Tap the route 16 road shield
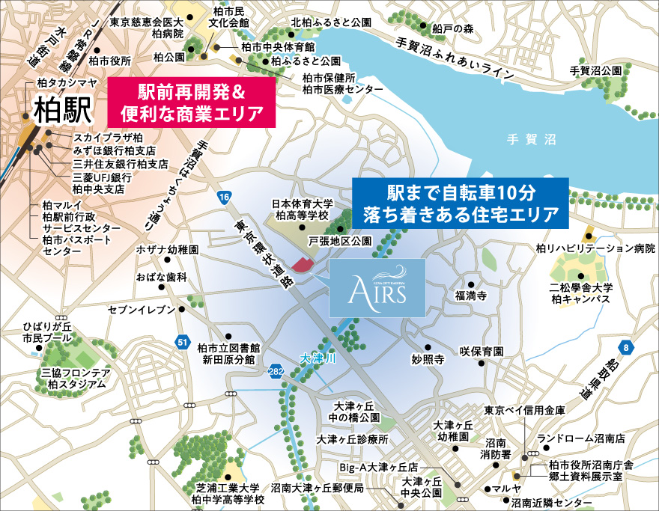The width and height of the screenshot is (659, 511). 223,198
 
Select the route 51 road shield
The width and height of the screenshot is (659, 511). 183,341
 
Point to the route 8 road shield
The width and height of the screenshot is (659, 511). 626,346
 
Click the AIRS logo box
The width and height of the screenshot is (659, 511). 377,287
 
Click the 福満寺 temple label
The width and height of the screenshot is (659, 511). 471,296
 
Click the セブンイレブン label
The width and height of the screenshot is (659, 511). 142,309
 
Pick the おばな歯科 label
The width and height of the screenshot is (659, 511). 161,277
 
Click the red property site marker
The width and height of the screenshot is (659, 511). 303,263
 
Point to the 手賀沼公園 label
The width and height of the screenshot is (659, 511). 595,70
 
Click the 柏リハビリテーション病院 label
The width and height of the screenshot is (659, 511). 595,248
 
